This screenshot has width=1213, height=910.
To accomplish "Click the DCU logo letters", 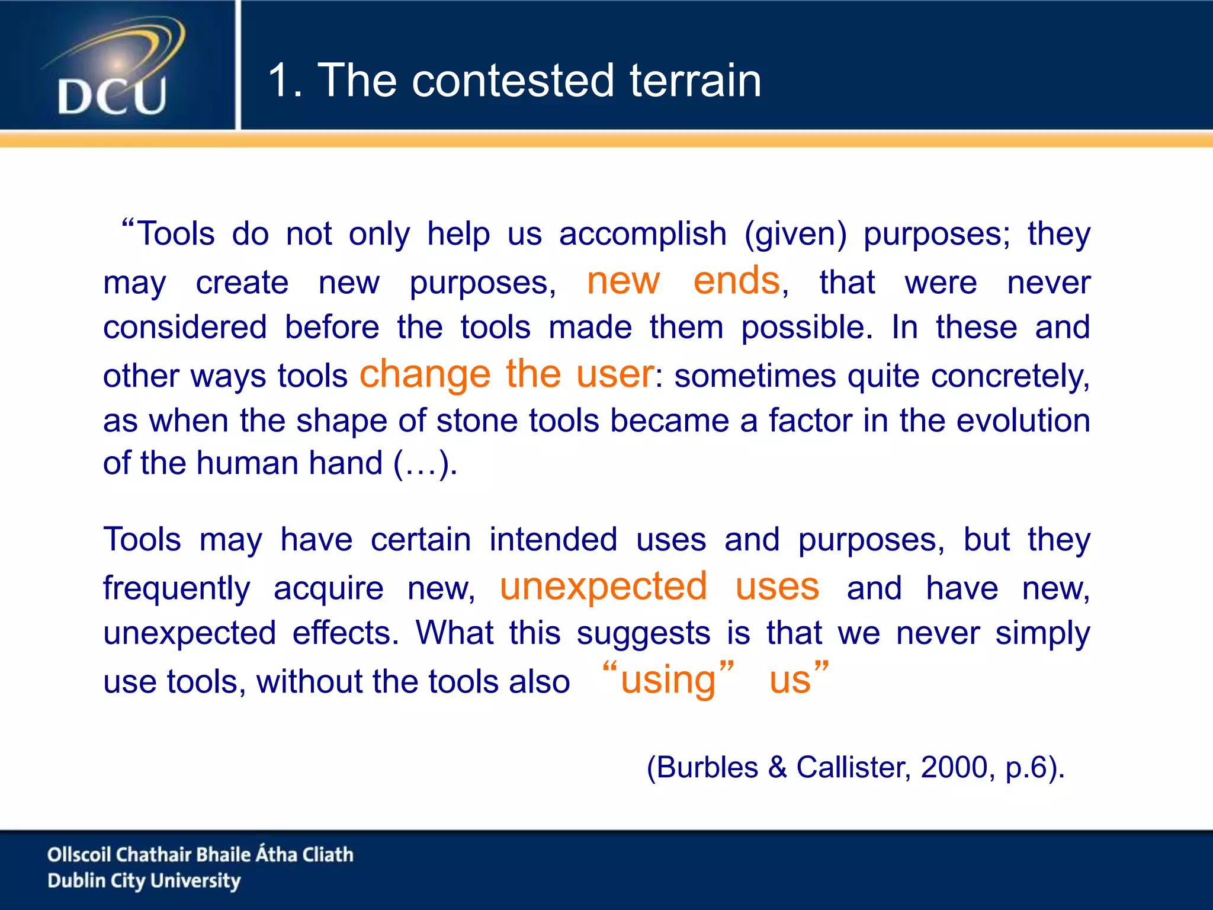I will coord(112,97).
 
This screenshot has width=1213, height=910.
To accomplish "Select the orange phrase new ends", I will coord(683,280).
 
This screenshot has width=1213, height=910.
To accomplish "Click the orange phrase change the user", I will coord(506,374).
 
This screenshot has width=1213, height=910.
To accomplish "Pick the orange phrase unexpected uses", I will coord(659,587).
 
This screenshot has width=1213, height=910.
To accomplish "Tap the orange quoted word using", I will coord(668,679).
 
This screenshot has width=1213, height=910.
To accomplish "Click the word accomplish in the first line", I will coord(643,233).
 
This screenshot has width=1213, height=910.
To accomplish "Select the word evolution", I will coord(1023,421).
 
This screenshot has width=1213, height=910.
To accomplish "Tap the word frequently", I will coord(177,588).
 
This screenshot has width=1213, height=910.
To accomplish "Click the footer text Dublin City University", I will coord(144,881).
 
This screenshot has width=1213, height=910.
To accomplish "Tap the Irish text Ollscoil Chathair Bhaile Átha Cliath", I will coord(200,854).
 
